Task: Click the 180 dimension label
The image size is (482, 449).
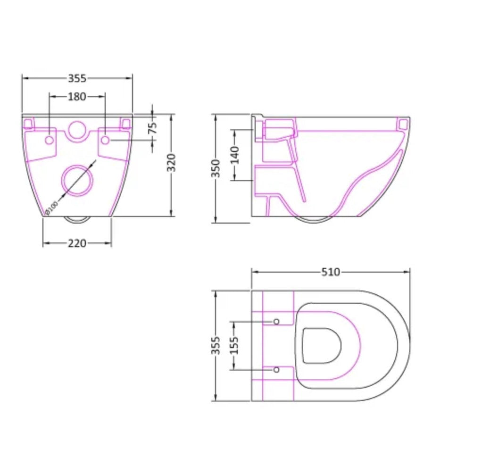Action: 77,97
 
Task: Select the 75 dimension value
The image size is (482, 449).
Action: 153,128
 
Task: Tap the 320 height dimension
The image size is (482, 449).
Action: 171,162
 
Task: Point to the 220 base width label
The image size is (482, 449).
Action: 77,243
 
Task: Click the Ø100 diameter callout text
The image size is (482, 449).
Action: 51,208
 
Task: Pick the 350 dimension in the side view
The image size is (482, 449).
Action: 216,168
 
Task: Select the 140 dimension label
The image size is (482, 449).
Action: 234,155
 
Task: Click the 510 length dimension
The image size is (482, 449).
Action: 331,272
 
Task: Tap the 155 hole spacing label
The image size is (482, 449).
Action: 234,345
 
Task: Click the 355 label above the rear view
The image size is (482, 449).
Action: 77,79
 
